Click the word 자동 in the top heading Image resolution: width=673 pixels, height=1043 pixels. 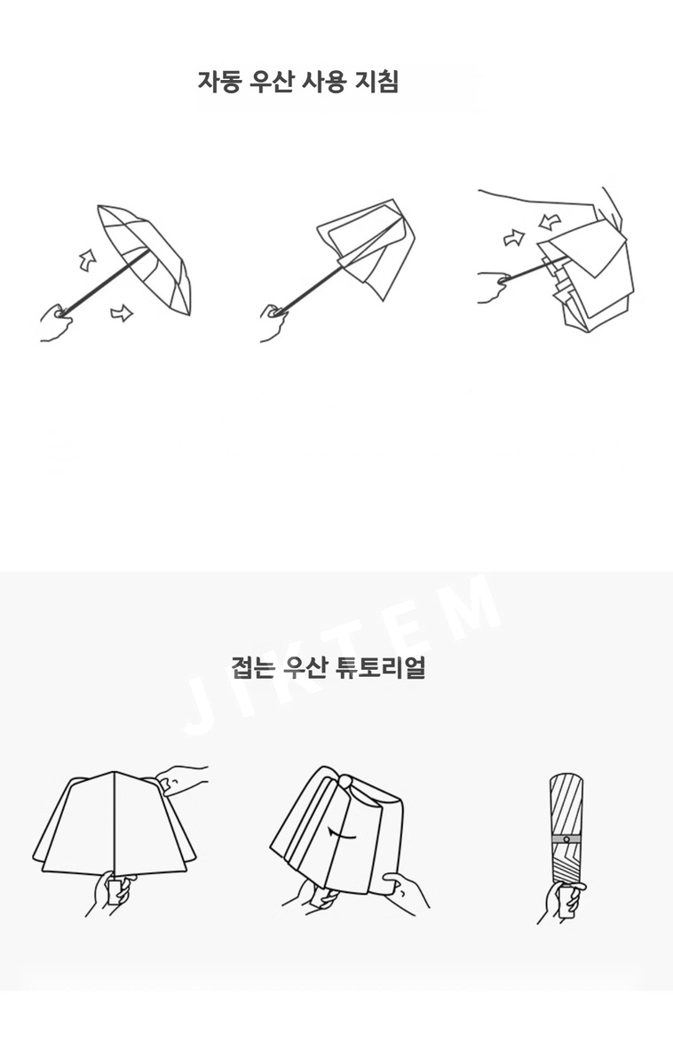[x=218, y=82]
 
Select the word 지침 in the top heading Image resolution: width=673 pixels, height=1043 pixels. [x=377, y=82]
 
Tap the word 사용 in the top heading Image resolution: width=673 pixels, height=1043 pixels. [x=325, y=82]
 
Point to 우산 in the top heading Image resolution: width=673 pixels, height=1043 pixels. [x=272, y=82]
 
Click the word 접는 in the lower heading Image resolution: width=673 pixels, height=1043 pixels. [x=252, y=665]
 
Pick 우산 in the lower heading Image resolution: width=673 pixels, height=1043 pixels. [x=305, y=665]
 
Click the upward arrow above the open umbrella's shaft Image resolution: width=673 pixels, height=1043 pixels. [x=87, y=260]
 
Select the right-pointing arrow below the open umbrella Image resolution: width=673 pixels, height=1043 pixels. [x=122, y=312]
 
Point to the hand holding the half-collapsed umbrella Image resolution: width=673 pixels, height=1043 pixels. [x=274, y=322]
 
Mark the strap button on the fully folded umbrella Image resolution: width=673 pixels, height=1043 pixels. [x=566, y=839]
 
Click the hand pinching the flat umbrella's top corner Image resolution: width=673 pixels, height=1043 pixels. [x=182, y=778]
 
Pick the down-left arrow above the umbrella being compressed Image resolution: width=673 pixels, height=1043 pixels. [x=550, y=220]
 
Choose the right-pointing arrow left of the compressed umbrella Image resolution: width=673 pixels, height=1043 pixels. [x=513, y=237]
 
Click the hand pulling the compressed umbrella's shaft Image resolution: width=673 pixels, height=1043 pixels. [x=495, y=287]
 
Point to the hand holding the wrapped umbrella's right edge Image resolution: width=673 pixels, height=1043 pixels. [x=406, y=890]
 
